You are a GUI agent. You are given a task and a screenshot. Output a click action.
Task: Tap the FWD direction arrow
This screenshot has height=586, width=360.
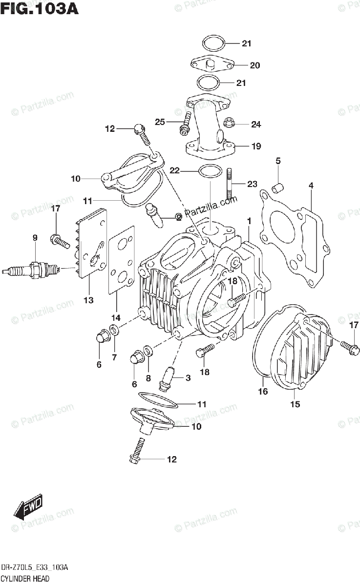[28, 507]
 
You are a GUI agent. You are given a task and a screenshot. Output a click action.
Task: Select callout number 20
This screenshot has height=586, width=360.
[255, 65]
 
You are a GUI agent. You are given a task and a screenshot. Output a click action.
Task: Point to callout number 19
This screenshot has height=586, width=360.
[256, 146]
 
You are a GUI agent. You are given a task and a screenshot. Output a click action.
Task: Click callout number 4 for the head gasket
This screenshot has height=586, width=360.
[311, 185]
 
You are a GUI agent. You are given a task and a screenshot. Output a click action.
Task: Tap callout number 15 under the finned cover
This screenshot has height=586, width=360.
[295, 404]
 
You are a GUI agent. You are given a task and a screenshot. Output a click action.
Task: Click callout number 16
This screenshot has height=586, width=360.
[263, 391]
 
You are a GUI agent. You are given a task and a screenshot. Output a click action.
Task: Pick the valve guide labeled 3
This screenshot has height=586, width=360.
[167, 378]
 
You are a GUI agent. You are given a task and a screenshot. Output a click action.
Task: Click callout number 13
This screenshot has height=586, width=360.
[88, 300]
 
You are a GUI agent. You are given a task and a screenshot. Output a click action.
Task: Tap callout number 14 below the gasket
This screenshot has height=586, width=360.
[115, 316]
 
